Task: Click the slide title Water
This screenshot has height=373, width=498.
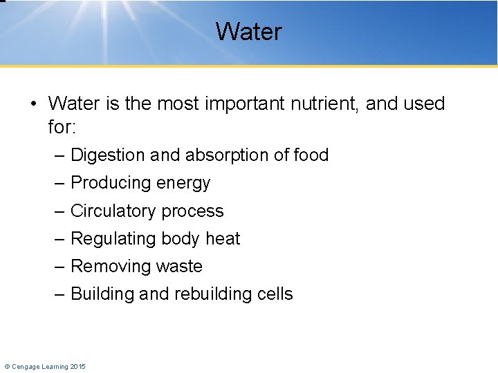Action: (248, 32)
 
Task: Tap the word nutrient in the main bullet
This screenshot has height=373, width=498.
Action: (324, 104)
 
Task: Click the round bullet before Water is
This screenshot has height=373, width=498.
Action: (33, 105)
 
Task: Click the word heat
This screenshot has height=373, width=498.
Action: (223, 239)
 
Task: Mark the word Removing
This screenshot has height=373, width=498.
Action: (111, 267)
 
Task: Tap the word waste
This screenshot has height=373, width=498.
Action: (180, 267)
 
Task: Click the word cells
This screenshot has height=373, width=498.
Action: (275, 294)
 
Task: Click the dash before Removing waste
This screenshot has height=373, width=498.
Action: (60, 267)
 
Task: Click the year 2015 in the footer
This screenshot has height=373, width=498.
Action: (78, 366)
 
